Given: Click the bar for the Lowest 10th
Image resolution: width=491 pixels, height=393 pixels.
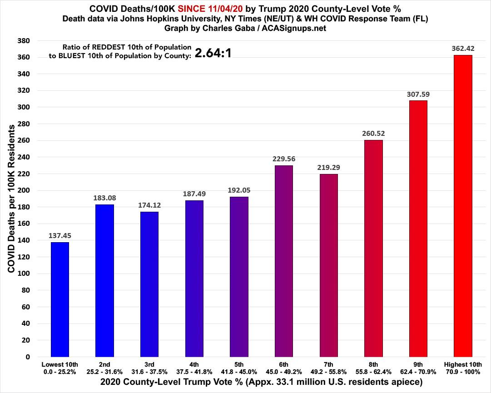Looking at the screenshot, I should (x=60, y=299).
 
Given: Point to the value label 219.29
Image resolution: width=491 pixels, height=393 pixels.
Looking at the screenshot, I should (x=328, y=167).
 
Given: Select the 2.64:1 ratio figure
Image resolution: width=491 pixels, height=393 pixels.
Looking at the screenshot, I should (x=213, y=53).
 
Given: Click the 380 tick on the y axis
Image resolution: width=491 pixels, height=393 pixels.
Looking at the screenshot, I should (x=23, y=41).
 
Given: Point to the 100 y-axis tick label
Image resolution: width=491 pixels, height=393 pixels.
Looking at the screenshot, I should (x=23, y=274).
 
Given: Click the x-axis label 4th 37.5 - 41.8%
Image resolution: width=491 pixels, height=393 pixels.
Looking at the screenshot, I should (x=194, y=367).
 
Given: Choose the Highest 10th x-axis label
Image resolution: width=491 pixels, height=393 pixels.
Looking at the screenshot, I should (x=463, y=367).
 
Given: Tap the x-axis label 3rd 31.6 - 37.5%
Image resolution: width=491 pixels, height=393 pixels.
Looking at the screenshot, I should (x=149, y=367).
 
